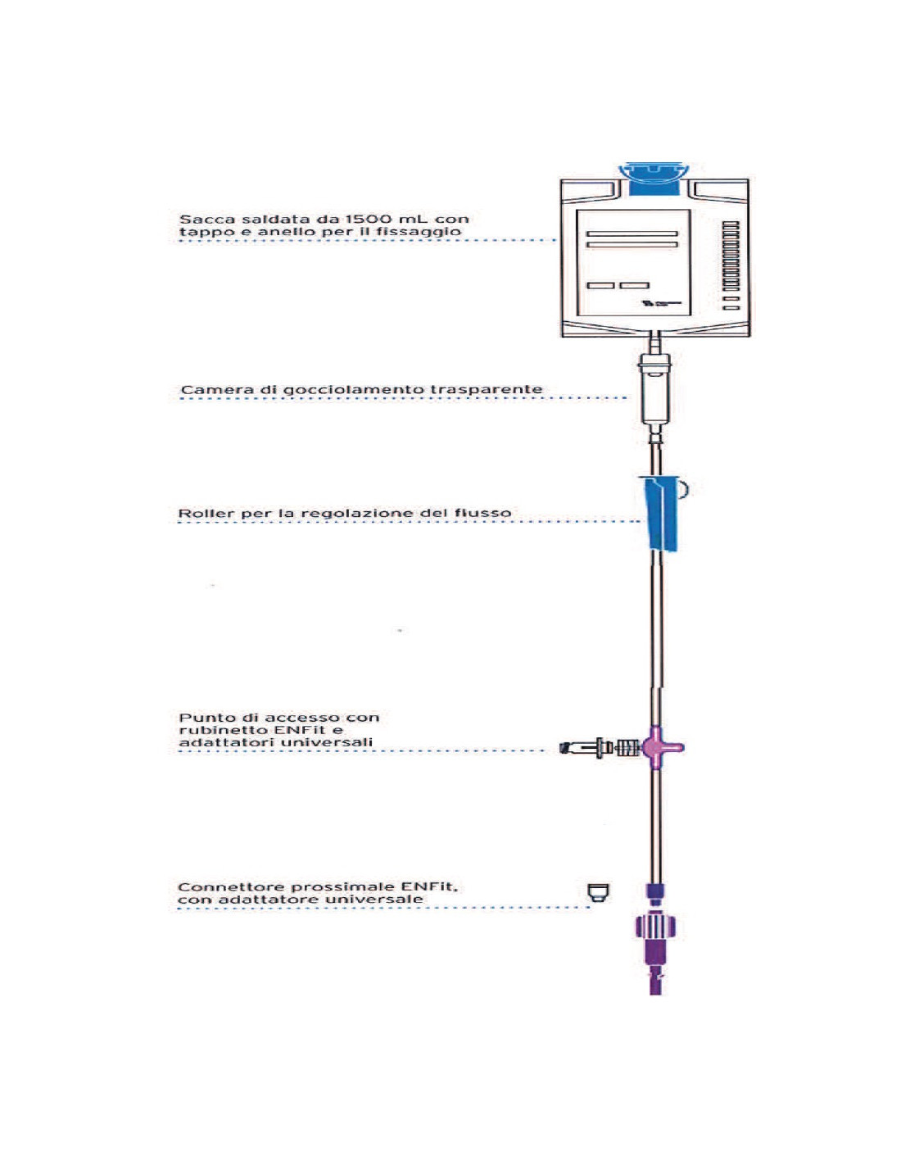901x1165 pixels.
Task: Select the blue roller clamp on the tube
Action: (x=660, y=515)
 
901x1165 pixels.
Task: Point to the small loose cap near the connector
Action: (x=600, y=893)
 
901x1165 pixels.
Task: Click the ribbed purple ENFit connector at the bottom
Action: (x=655, y=927)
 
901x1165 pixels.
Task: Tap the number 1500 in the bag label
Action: (x=369, y=220)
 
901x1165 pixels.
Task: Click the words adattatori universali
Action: (x=275, y=743)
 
